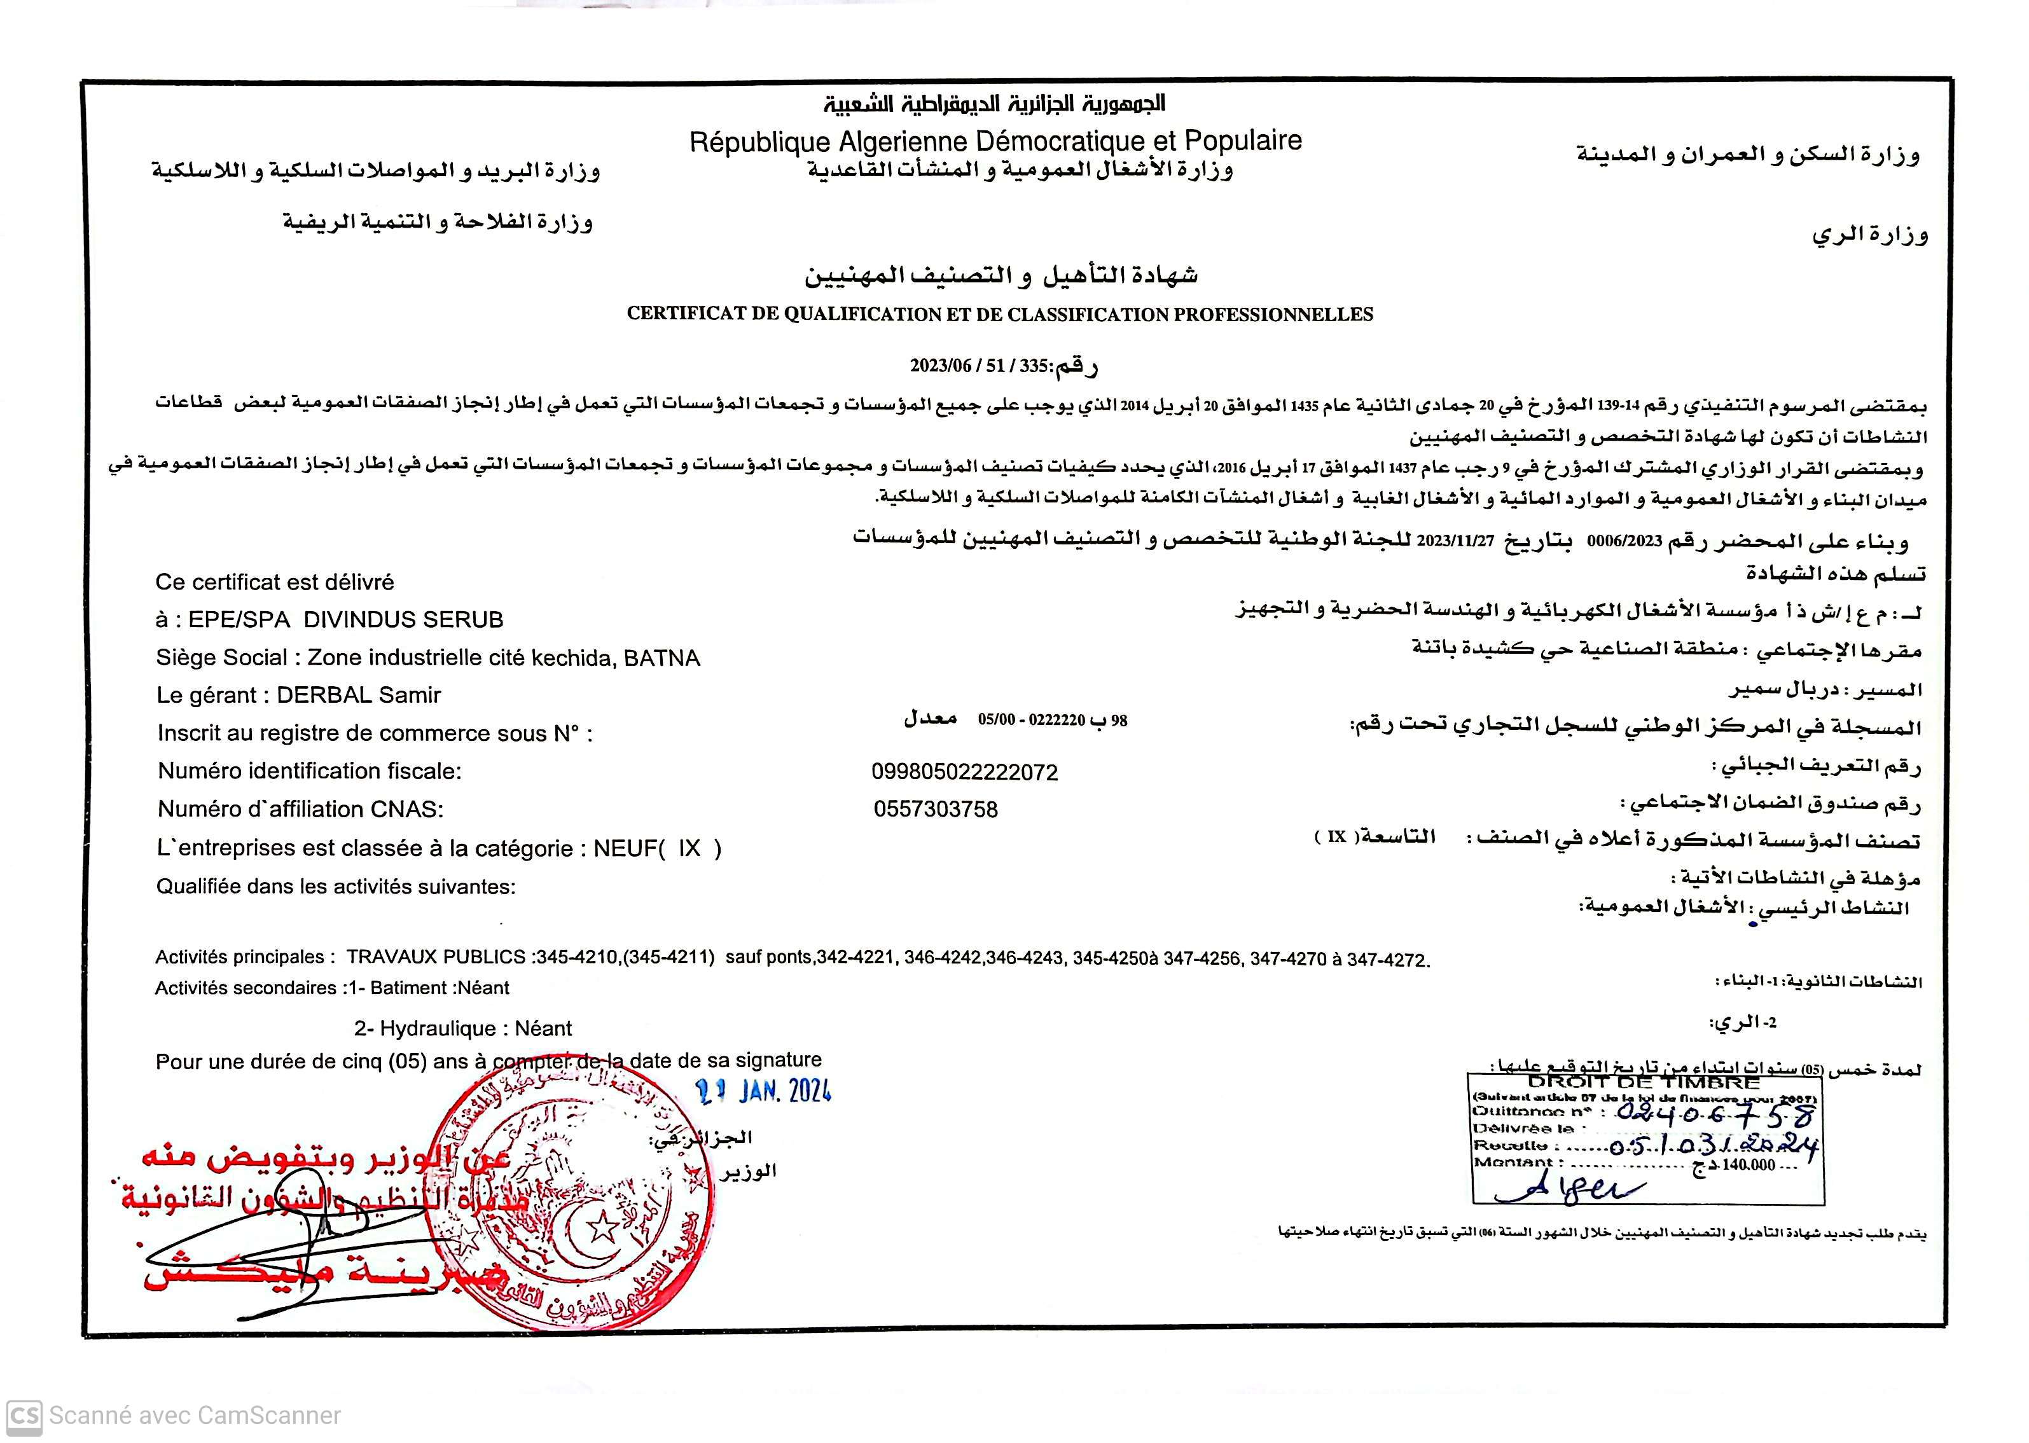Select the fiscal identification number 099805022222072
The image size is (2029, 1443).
coord(964,772)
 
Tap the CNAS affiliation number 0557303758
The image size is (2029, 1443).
coord(935,810)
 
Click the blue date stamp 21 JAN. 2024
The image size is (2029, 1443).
coord(763,1091)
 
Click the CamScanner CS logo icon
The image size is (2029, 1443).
coord(23,1414)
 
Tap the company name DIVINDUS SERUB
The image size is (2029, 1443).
coord(403,619)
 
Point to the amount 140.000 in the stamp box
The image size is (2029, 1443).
coord(1748,1165)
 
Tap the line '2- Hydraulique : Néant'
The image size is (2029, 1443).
coord(462,1028)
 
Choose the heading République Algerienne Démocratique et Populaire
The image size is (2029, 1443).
coord(995,141)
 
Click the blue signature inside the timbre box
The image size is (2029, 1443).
coord(1568,1188)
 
